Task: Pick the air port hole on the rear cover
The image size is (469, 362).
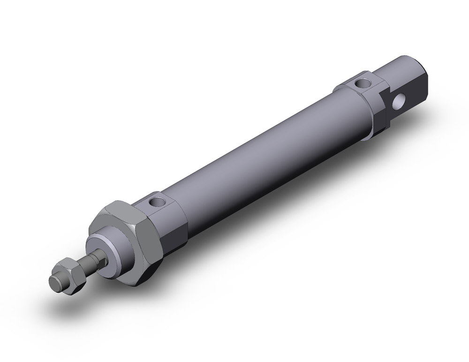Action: pyautogui.click(x=362, y=83)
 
